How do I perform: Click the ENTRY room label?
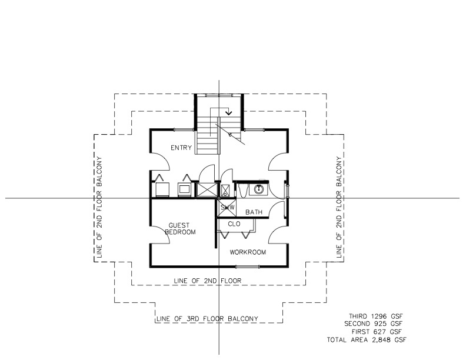pyautogui.click(x=181, y=148)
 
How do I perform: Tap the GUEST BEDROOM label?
pyautogui.click(x=182, y=229)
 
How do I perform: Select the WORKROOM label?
pyautogui.click(x=248, y=252)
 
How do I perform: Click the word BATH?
pyautogui.click(x=254, y=212)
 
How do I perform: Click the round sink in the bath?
pyautogui.click(x=258, y=189)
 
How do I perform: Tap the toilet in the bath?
pyautogui.click(x=242, y=190)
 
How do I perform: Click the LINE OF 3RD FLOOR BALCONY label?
pyautogui.click(x=207, y=319)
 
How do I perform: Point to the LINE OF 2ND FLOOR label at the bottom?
pyautogui.click(x=207, y=281)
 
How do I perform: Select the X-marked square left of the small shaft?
pyautogui.click(x=207, y=189)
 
